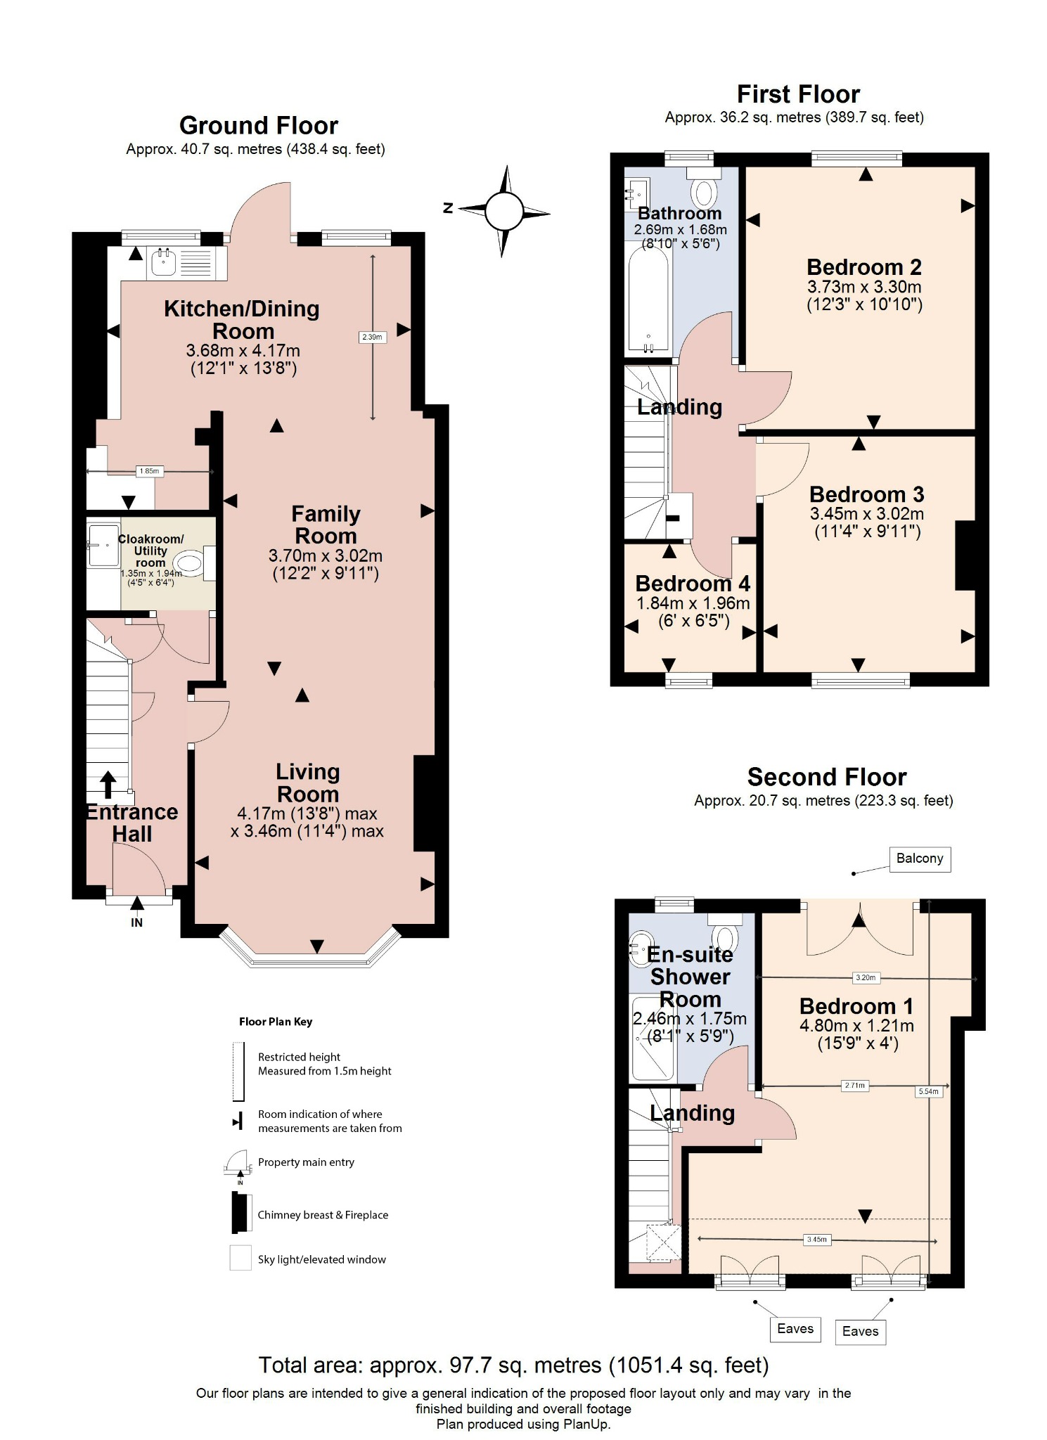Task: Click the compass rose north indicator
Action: (x=448, y=208)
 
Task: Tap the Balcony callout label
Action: (x=919, y=859)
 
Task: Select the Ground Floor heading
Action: (x=258, y=125)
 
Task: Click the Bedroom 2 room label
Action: (x=863, y=267)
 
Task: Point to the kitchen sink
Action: (x=164, y=262)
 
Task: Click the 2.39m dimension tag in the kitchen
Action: (x=372, y=337)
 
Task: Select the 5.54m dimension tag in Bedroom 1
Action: (x=928, y=1091)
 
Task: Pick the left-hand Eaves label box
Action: (x=795, y=1328)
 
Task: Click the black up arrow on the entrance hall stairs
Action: (x=108, y=785)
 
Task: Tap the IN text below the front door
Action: (x=136, y=922)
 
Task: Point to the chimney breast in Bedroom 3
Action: (x=965, y=555)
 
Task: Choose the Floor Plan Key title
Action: (x=276, y=1022)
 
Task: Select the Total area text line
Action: (x=513, y=1365)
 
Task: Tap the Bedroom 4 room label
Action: (x=692, y=584)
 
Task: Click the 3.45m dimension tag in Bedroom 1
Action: (x=816, y=1240)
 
